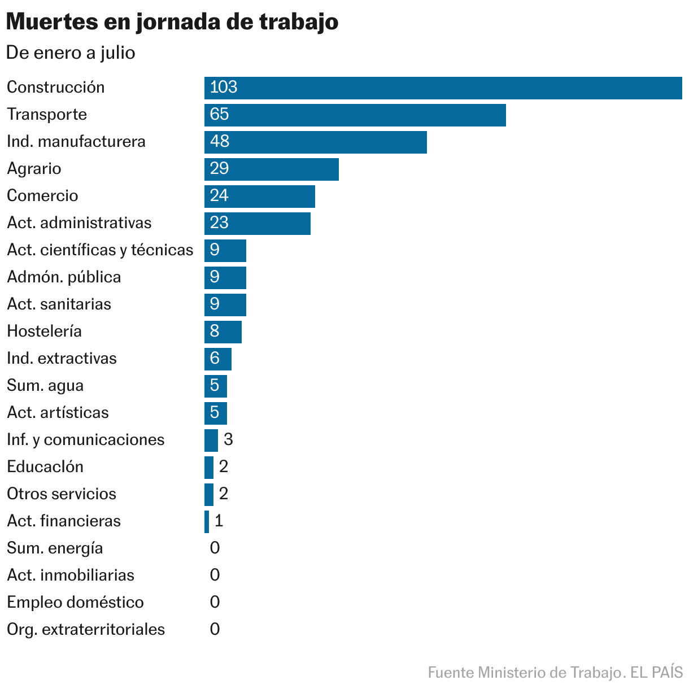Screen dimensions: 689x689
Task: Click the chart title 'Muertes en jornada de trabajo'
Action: point(172,22)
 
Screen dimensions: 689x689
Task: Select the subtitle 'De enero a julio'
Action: point(71,53)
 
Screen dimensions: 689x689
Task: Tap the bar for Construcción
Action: point(443,88)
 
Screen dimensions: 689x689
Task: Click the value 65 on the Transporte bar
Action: point(219,115)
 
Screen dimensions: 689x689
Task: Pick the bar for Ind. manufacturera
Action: point(315,142)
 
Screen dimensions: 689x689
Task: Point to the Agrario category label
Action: point(34,169)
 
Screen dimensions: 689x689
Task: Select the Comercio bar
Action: point(259,196)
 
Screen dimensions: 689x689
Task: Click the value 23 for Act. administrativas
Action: point(219,223)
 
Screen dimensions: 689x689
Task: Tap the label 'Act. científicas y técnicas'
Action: point(100,250)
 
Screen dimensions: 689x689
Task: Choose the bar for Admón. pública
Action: point(225,277)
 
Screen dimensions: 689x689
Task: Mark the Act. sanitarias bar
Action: point(225,304)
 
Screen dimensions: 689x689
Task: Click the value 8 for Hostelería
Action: point(215,332)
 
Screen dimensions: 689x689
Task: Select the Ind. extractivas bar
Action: point(217,359)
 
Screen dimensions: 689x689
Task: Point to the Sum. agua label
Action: point(45,386)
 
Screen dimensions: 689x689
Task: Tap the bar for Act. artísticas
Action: point(215,413)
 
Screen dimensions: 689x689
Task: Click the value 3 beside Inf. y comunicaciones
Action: point(228,440)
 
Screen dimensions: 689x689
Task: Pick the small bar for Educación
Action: point(208,467)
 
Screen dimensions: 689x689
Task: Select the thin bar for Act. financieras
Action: point(207,521)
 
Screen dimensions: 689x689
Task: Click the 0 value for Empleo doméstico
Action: point(215,603)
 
